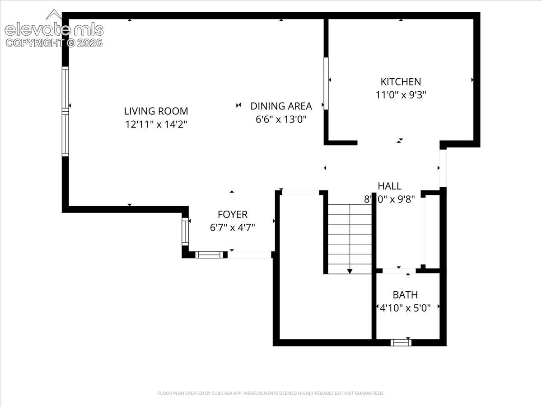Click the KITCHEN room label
[401, 82]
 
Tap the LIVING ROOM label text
[156, 111]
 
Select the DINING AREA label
[281, 106]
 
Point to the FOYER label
[232, 214]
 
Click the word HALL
[389, 186]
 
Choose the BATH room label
[405, 295]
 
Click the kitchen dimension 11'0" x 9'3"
[401, 95]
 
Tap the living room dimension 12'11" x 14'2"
[156, 124]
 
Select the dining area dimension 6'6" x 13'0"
[281, 119]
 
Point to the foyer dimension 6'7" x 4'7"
[232, 227]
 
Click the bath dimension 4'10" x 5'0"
[405, 308]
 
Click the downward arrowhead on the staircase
[350, 271]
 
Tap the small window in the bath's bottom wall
[401, 342]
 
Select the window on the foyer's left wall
[185, 232]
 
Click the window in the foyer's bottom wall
[209, 255]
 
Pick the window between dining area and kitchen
[326, 83]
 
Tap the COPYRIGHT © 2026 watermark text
[54, 43]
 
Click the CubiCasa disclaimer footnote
[271, 393]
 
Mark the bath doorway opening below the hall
[399, 270]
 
